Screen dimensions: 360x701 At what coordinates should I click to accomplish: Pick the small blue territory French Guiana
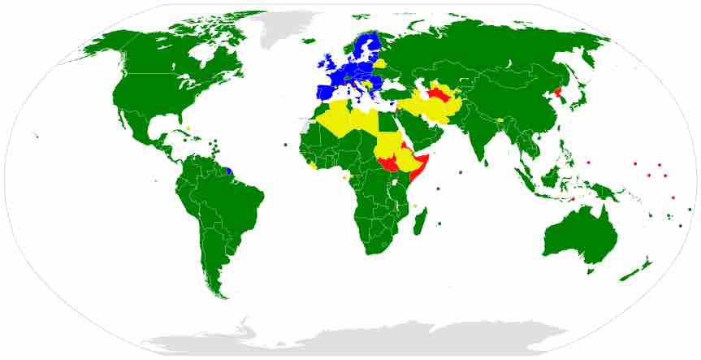pyautogui.click(x=229, y=172)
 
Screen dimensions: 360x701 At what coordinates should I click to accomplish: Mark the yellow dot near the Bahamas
pyautogui.click(x=188, y=128)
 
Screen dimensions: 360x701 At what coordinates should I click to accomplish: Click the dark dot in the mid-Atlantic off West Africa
pyautogui.click(x=286, y=145)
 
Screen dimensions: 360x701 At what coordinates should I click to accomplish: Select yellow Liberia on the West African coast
pyautogui.click(x=314, y=166)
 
